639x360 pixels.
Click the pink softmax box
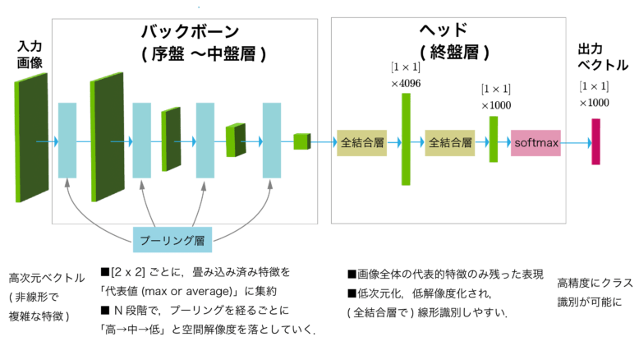[x=536, y=143]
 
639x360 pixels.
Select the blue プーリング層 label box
[x=173, y=240]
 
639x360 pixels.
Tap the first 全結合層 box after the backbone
[x=361, y=143]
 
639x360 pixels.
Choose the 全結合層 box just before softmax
[x=450, y=143]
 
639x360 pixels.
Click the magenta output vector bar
[x=595, y=141]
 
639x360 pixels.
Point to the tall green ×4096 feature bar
[x=406, y=139]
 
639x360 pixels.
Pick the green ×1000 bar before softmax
[x=494, y=139]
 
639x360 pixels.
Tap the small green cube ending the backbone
[x=301, y=141]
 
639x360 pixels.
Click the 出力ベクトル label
[x=603, y=53]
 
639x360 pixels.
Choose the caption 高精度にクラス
[x=595, y=283]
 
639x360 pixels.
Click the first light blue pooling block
[x=67, y=141]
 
